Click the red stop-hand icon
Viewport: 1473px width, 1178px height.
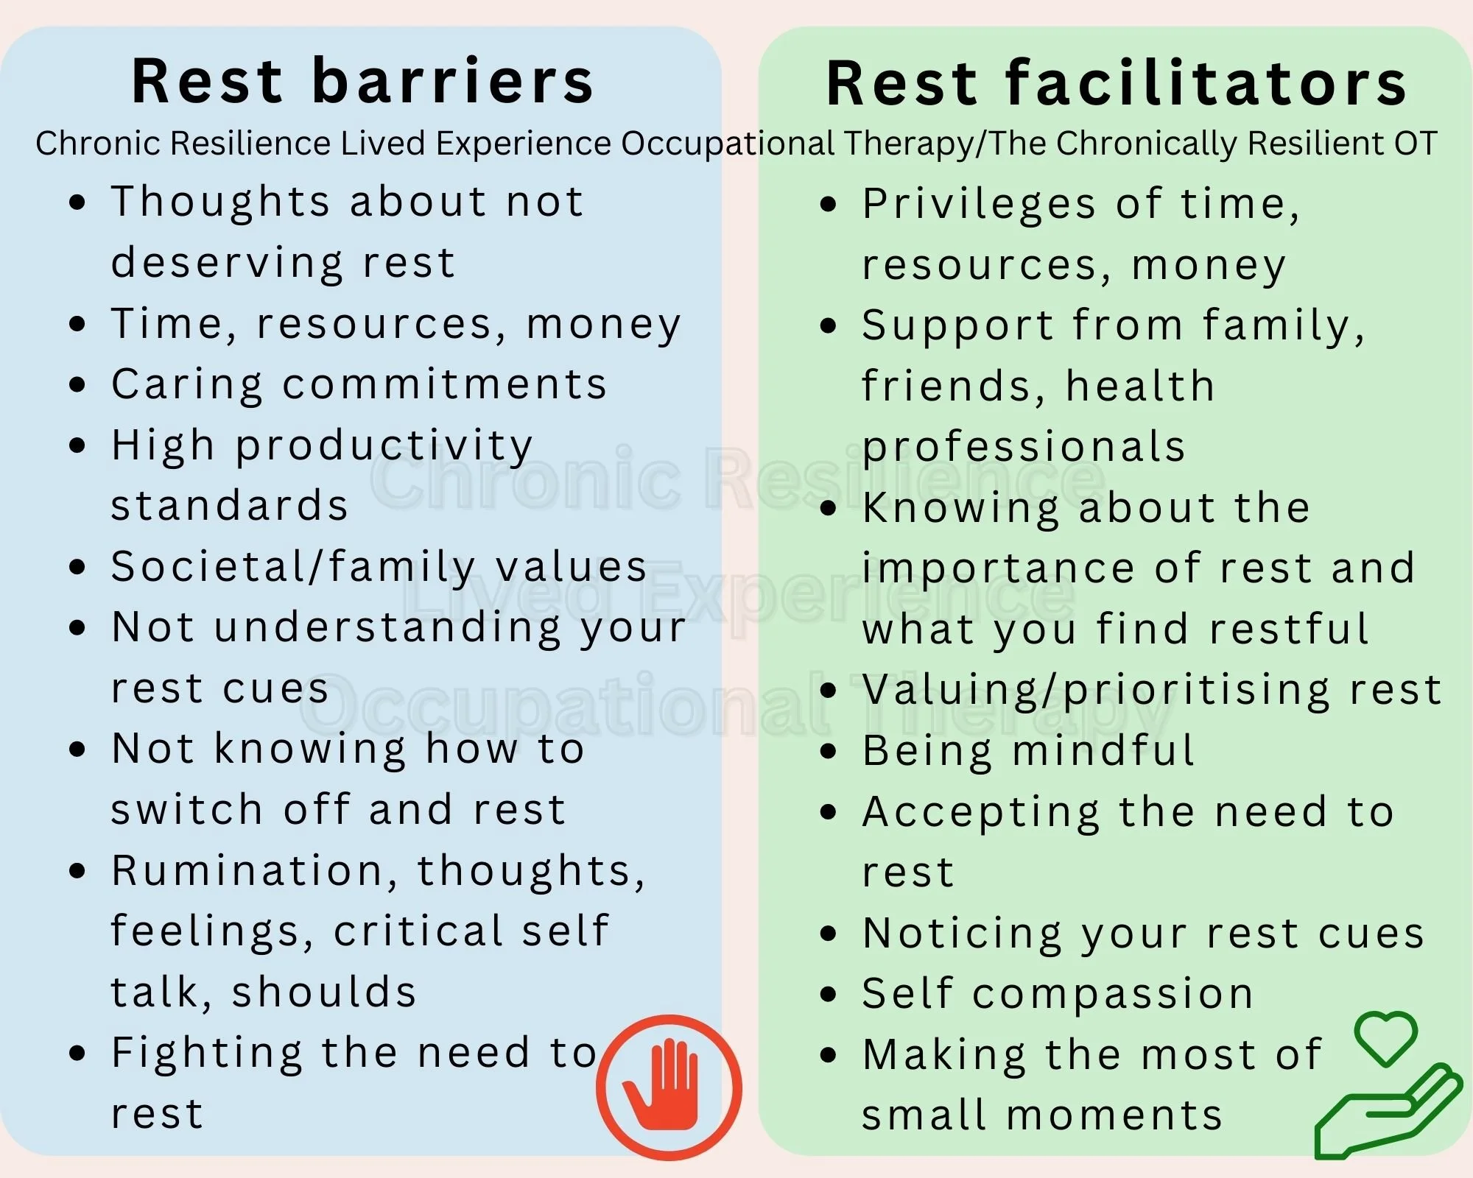(x=669, y=1087)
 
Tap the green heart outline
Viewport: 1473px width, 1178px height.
(x=1386, y=1037)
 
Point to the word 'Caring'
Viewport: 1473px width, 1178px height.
(x=187, y=384)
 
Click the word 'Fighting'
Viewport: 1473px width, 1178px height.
(x=207, y=1054)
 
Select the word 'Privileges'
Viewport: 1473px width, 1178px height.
(x=979, y=205)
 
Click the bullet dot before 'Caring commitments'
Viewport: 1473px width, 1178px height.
(x=77, y=384)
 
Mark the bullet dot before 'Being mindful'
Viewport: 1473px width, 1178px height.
(x=829, y=752)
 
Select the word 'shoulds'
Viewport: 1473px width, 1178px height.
(x=324, y=992)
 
